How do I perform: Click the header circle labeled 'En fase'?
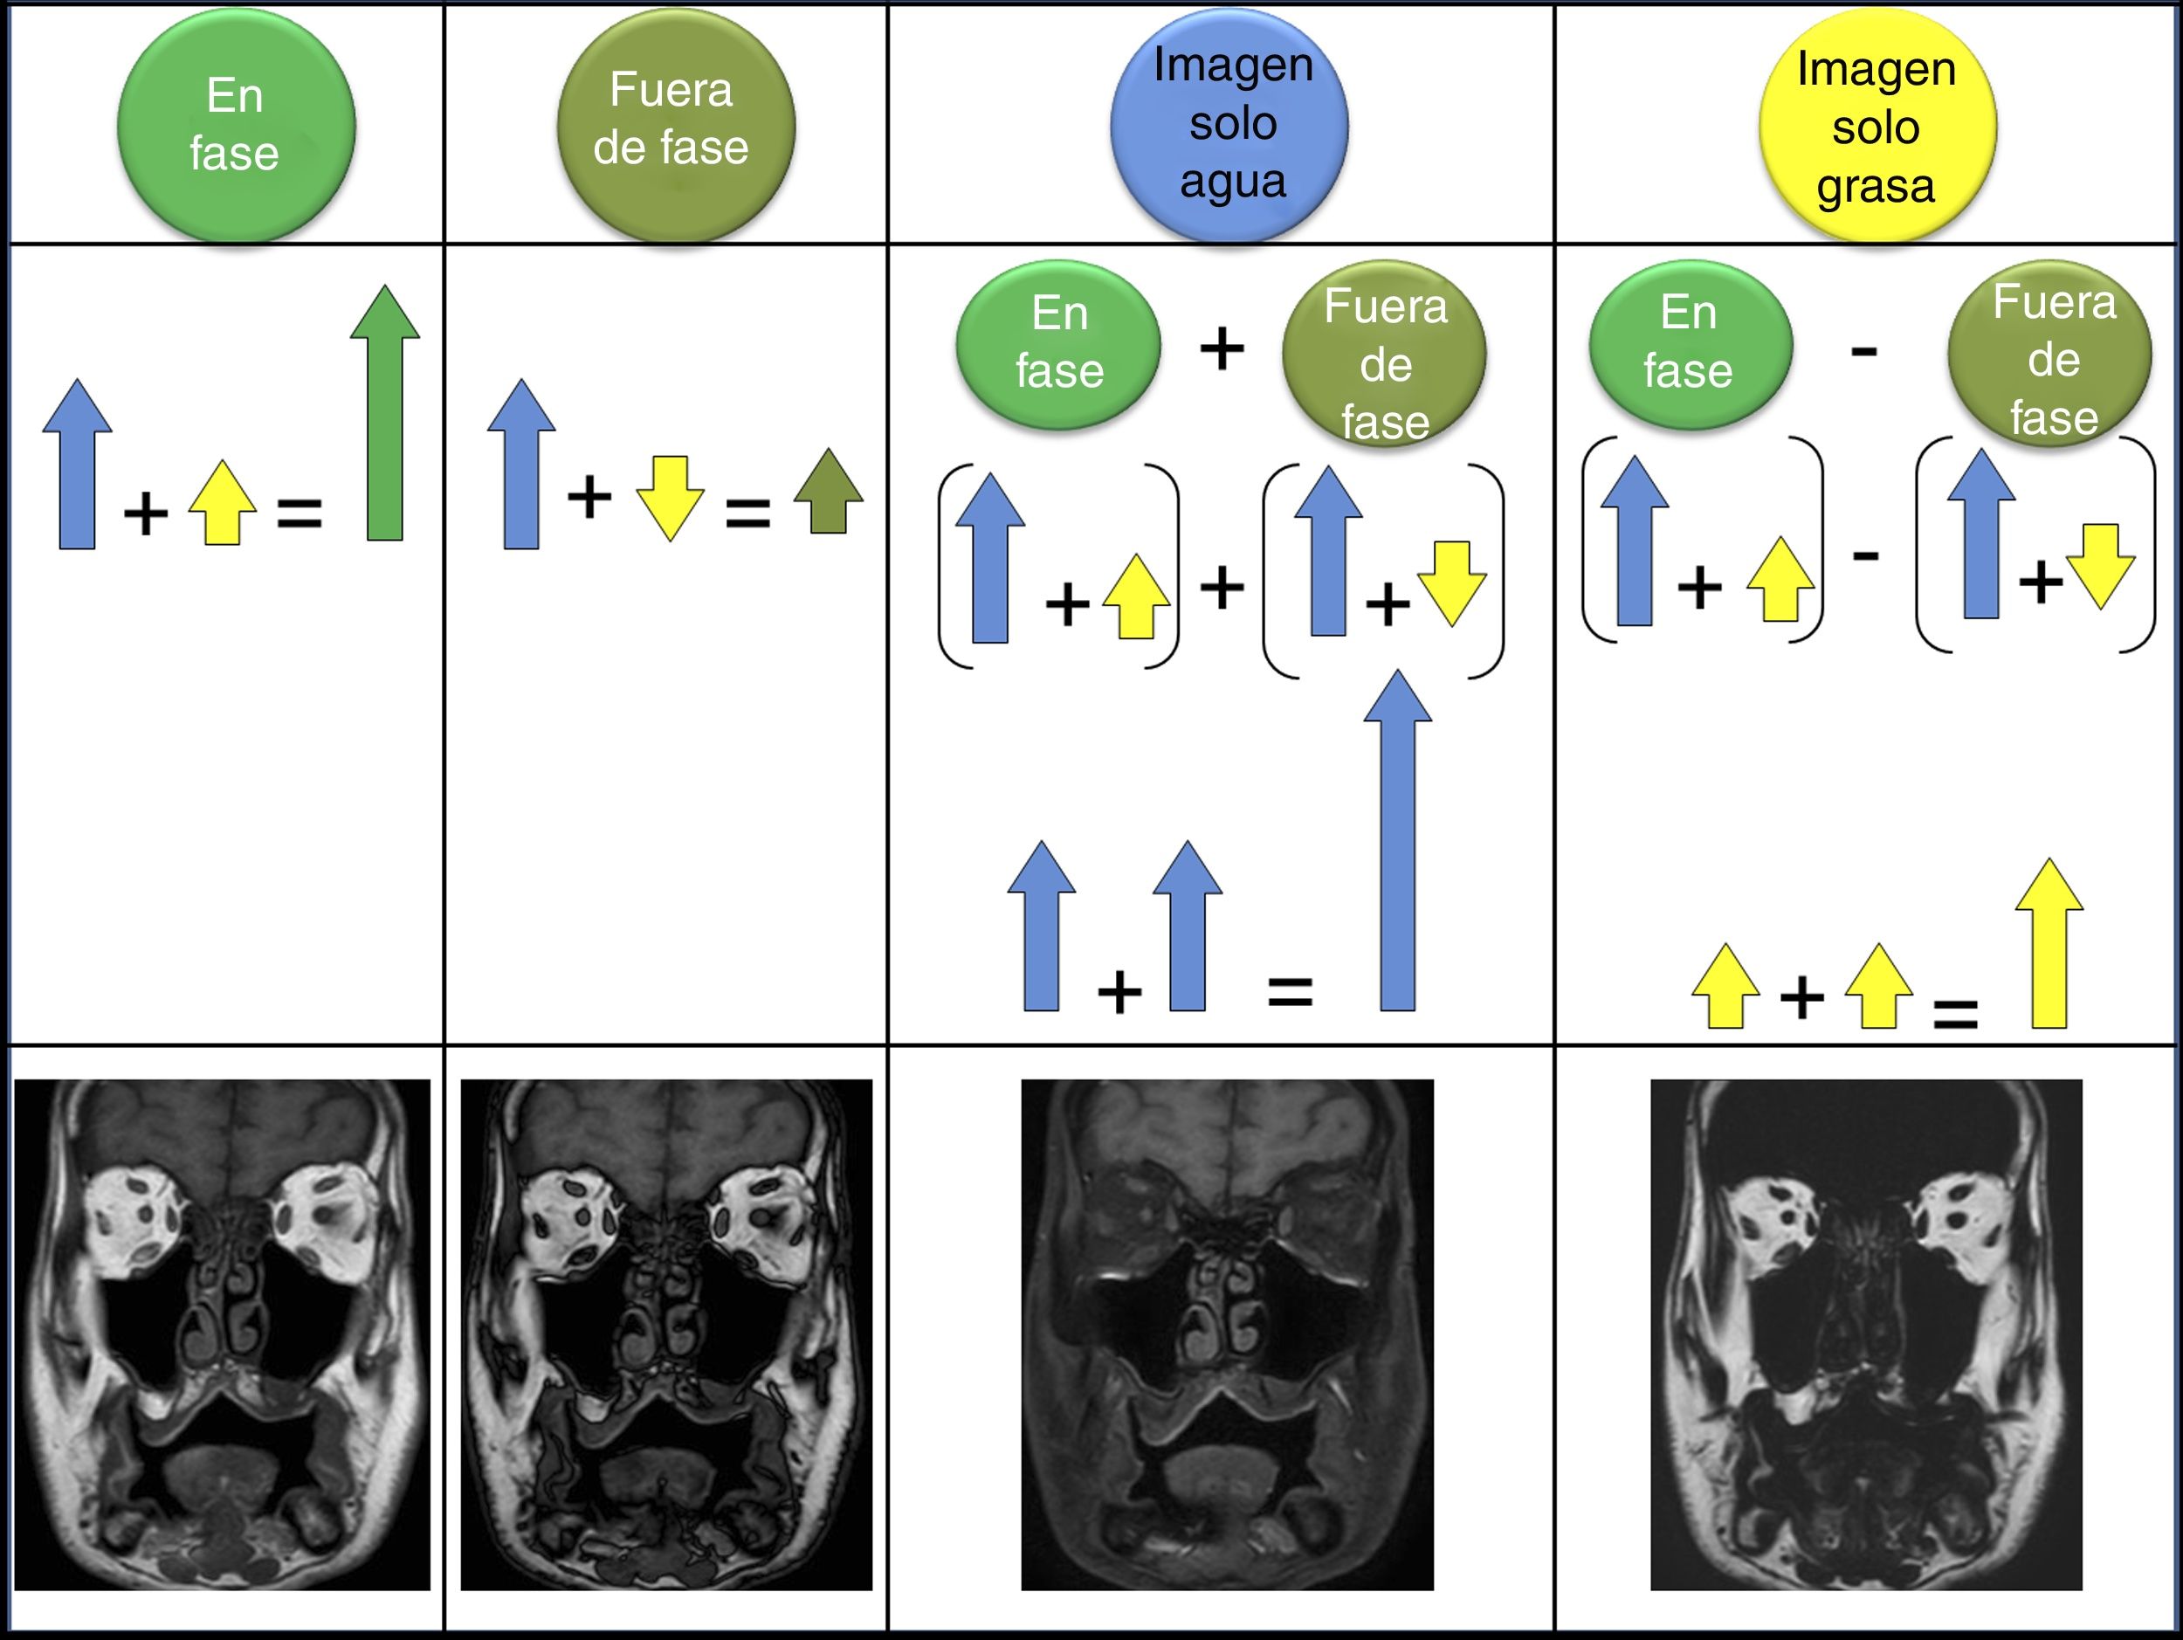click(236, 126)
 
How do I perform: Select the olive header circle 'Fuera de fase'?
click(675, 126)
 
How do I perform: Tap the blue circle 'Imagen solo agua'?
click(1229, 126)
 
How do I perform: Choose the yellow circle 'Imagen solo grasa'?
click(1877, 126)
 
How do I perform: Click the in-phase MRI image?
click(222, 1334)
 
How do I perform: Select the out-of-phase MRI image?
click(666, 1334)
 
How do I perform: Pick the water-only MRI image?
click(1227, 1334)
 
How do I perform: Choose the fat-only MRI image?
click(1866, 1334)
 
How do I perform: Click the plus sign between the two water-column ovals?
click(1222, 348)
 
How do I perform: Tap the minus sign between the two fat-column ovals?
click(1863, 351)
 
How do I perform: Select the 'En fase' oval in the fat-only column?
click(1690, 343)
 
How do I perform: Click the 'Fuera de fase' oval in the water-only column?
click(1384, 355)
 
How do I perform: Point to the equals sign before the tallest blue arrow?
click(1290, 989)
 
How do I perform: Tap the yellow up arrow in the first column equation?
click(223, 503)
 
